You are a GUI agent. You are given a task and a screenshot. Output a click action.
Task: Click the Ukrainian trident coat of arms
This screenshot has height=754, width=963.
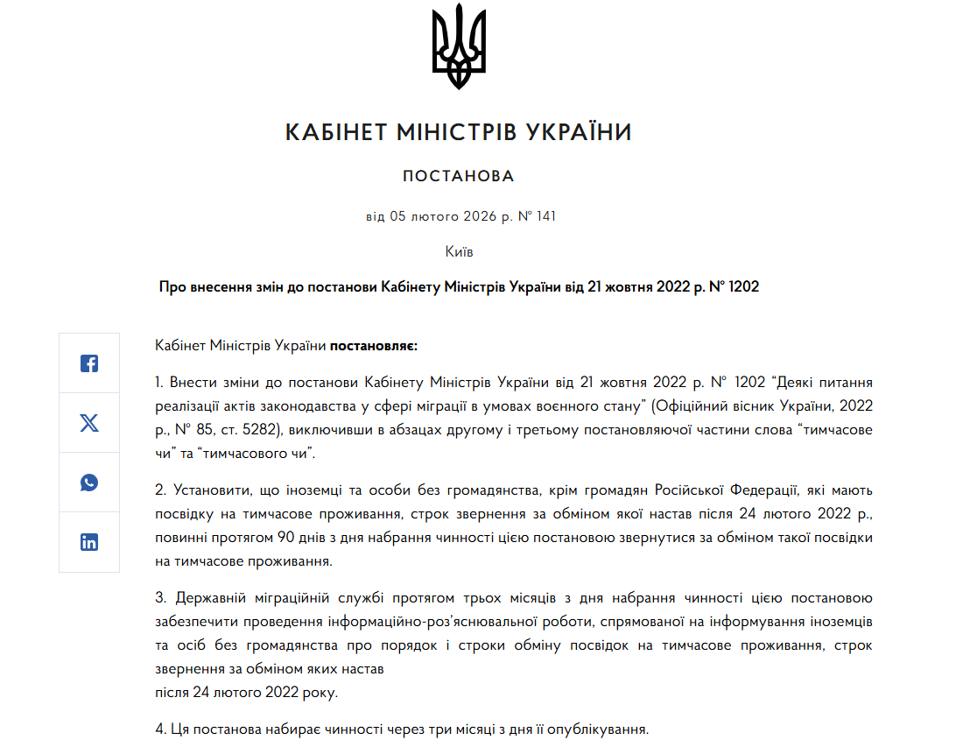pos(459,48)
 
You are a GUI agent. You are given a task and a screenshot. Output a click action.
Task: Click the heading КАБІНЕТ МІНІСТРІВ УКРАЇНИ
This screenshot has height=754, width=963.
pos(459,133)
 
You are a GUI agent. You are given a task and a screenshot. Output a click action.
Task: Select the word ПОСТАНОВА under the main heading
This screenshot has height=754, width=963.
pos(459,177)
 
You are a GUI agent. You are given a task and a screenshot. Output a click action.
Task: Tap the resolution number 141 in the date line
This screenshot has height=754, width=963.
pos(545,216)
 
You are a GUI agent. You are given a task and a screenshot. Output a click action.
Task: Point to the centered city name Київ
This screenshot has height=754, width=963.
pos(459,251)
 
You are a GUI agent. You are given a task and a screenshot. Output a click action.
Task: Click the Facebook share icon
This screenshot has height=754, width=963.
pos(89,363)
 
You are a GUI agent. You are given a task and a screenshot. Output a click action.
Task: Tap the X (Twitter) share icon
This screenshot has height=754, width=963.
pos(89,423)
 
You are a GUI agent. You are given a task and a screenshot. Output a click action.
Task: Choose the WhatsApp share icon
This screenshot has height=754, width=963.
pos(89,483)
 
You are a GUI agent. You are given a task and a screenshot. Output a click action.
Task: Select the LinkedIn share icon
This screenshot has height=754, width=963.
pos(89,542)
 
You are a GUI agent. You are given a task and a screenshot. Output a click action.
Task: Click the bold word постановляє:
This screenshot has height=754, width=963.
pos(374,346)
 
